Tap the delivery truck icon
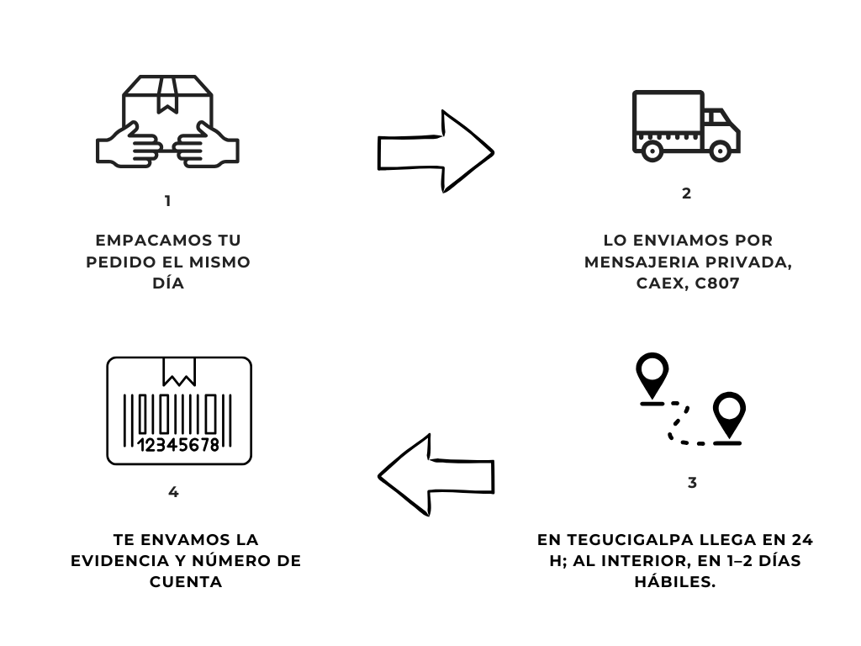(x=685, y=125)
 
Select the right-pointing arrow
(x=435, y=151)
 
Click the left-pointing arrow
(x=435, y=475)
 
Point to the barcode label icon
(x=179, y=410)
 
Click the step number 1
(x=168, y=201)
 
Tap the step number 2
(x=686, y=193)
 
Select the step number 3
(x=692, y=484)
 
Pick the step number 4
(x=173, y=492)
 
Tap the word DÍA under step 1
(x=168, y=284)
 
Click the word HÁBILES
(x=675, y=582)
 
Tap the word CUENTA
(x=186, y=582)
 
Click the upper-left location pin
(x=652, y=375)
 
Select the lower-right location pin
(x=728, y=416)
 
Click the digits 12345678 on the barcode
(x=177, y=444)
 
